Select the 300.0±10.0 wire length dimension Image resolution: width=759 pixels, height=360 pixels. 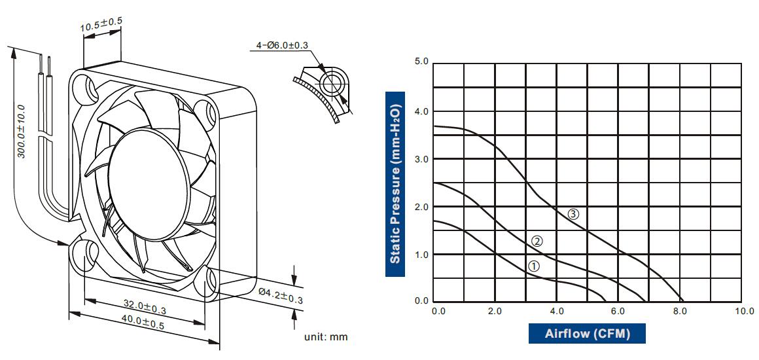pos(21,130)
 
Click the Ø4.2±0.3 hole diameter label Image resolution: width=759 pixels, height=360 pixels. pos(281,295)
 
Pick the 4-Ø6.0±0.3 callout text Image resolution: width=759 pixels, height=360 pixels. pos(282,46)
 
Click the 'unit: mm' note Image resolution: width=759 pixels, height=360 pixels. pos(326,337)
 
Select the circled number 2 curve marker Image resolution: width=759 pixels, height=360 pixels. pos(537,241)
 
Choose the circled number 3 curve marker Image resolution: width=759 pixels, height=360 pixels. pos(573,213)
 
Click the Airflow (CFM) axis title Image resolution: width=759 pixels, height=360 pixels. pos(587,334)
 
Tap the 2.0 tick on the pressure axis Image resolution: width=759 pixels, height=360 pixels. pos(421,207)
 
